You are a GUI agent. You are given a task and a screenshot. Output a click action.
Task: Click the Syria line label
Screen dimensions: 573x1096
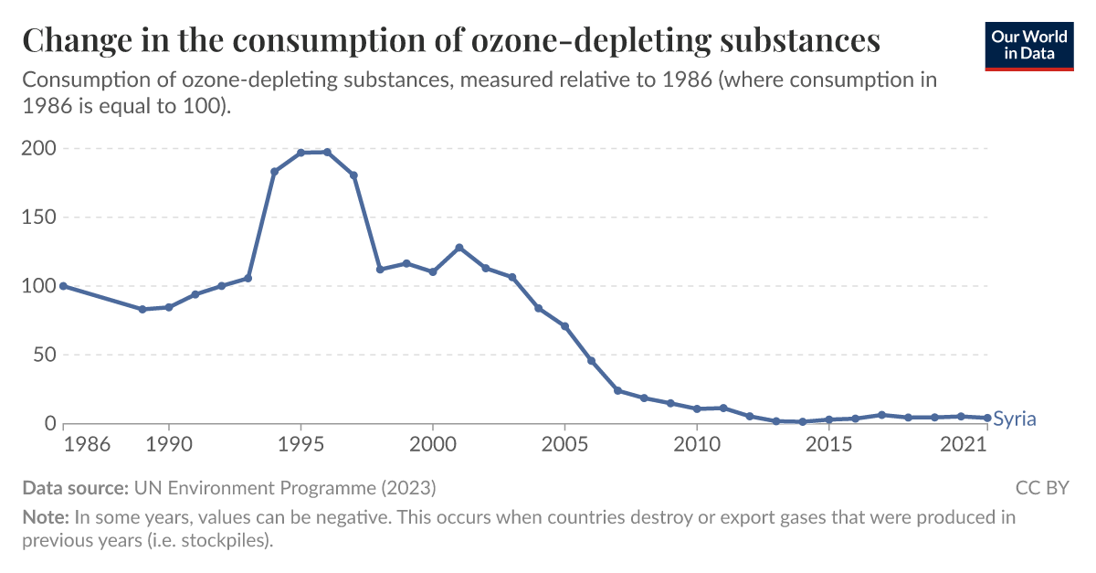click(1014, 419)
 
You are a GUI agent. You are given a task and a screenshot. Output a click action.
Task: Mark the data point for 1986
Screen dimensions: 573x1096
click(63, 286)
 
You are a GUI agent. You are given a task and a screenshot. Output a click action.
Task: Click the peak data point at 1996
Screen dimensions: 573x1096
click(327, 152)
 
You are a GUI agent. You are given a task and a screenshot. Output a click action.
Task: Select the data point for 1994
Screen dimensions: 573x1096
click(274, 172)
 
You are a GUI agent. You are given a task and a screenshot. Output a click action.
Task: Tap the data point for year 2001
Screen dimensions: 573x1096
click(459, 248)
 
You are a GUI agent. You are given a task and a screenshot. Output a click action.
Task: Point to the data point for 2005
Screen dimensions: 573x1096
click(564, 326)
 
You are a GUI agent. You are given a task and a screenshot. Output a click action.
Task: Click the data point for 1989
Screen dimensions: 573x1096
click(142, 310)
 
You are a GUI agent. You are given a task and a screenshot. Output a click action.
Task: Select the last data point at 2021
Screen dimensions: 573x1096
click(987, 418)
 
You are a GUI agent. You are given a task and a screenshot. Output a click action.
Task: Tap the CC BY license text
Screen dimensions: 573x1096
click(1041, 487)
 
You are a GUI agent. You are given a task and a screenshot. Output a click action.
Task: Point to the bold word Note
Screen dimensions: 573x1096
click(46, 517)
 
